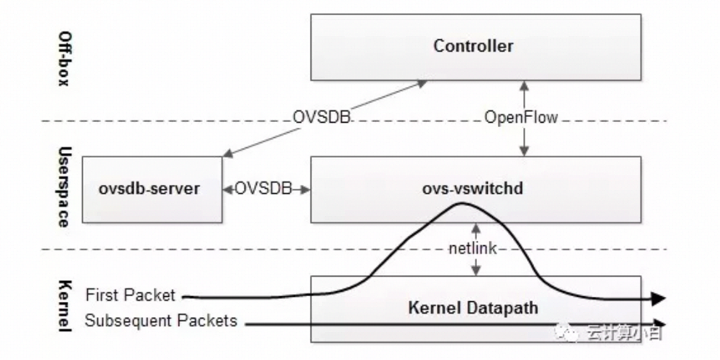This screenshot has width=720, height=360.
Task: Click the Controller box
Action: click(475, 46)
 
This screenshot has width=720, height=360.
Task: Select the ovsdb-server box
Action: click(152, 189)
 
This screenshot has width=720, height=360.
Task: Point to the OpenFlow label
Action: click(522, 117)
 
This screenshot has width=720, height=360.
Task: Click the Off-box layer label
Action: click(63, 58)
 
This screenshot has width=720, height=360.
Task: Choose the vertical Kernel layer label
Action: click(63, 306)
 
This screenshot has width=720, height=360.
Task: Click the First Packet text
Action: click(130, 295)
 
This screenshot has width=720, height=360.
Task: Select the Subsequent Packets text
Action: click(161, 320)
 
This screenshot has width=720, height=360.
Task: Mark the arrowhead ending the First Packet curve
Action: click(659, 298)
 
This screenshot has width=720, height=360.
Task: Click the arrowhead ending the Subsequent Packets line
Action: click(659, 324)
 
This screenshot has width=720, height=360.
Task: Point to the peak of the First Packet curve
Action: click(460, 204)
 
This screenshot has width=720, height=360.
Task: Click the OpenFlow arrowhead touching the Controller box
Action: click(522, 84)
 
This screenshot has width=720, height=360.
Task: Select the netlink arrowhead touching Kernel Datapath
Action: click(475, 271)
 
